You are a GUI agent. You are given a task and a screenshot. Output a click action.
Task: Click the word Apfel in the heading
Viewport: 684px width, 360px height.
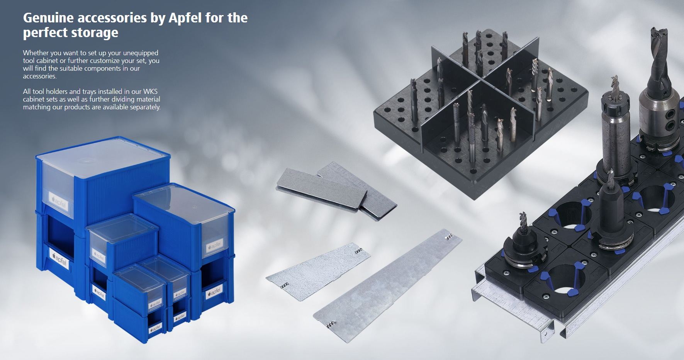click(185, 18)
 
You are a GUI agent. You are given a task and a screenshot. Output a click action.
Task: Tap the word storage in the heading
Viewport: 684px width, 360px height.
click(95, 33)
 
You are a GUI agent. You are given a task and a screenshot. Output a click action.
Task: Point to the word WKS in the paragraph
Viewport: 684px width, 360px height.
click(150, 92)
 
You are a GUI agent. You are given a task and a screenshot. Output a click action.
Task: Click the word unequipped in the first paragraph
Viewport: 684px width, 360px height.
click(141, 53)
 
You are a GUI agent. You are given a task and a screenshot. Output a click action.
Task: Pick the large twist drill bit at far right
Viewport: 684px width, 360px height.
click(659, 62)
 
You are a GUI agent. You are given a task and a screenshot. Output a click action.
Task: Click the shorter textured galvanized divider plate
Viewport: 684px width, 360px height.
click(318, 272)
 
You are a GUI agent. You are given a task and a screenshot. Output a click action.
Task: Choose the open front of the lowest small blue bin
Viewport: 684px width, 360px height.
click(156, 326)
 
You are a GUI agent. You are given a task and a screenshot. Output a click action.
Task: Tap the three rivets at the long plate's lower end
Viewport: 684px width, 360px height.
click(331, 324)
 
